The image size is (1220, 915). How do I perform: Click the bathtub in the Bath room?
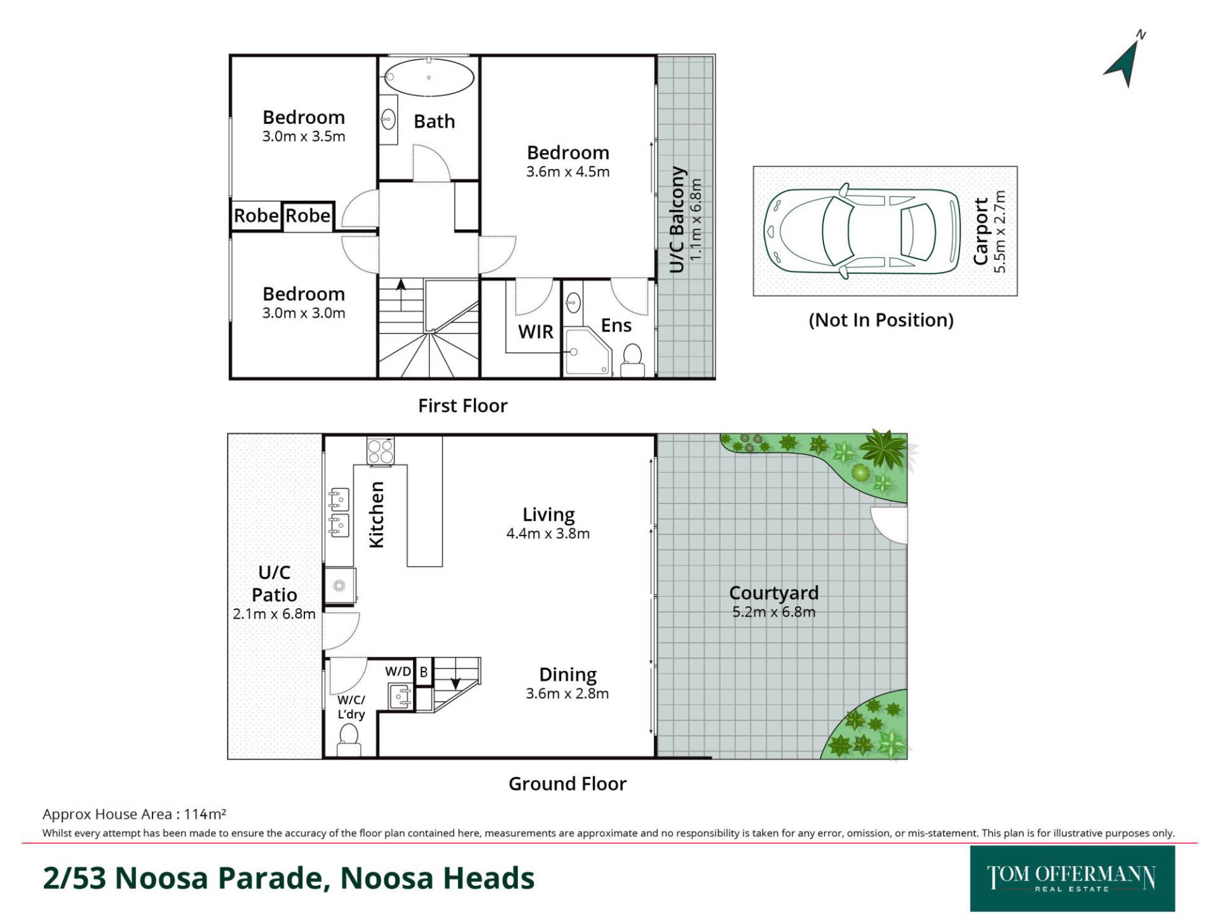pyautogui.click(x=429, y=78)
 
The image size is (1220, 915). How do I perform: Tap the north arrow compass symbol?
pyautogui.click(x=1125, y=61)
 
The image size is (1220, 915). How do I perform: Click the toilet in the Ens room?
pyautogui.click(x=632, y=361)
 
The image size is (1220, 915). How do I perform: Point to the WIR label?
pyautogui.click(x=536, y=332)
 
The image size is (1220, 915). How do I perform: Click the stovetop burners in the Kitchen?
pyautogui.click(x=381, y=451)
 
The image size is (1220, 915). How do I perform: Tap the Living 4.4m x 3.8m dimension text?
pyautogui.click(x=548, y=534)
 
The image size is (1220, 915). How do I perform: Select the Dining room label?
pyautogui.click(x=567, y=674)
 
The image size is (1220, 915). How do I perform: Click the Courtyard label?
pyautogui.click(x=773, y=593)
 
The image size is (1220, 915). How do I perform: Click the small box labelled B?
pyautogui.click(x=423, y=672)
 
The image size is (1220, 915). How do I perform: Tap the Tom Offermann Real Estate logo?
pyautogui.click(x=1072, y=879)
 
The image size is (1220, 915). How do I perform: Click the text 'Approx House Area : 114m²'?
pyautogui.click(x=134, y=814)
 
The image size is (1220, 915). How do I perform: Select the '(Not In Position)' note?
pyautogui.click(x=881, y=320)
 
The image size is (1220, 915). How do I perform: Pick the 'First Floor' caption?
pyautogui.click(x=463, y=405)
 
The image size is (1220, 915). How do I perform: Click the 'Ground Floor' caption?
pyautogui.click(x=567, y=783)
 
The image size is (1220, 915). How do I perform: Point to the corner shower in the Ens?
pyautogui.click(x=588, y=351)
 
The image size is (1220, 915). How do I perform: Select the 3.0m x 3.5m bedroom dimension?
pyautogui.click(x=304, y=137)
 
